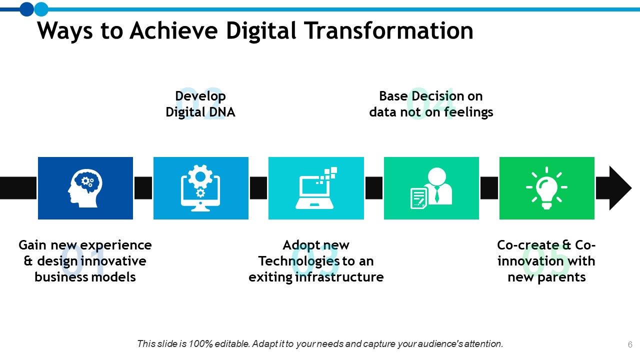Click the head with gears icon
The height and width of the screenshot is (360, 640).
[85, 187]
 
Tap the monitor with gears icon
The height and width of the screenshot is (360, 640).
[200, 188]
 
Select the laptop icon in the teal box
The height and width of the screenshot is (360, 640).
[316, 188]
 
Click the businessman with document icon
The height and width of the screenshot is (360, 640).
[431, 188]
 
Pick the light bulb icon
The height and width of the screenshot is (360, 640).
[546, 188]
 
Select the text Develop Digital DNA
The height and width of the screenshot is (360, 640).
[200, 104]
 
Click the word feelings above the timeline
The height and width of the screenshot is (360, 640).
[468, 112]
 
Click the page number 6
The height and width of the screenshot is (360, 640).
[630, 344]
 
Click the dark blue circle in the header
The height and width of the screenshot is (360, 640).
[26, 8]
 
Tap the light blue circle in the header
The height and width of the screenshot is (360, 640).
[41, 8]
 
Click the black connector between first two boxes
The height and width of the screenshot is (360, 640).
[143, 188]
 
